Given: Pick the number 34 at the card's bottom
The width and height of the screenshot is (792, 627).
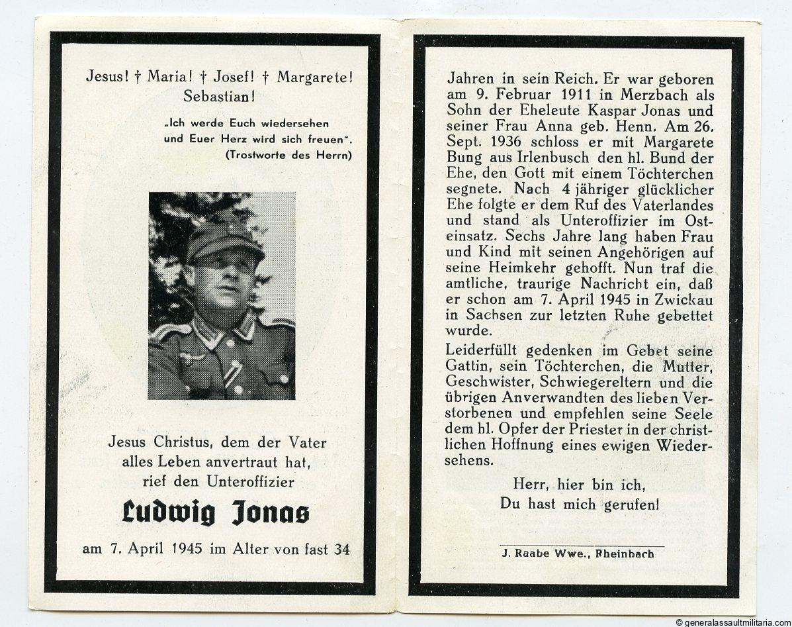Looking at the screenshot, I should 342,549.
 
